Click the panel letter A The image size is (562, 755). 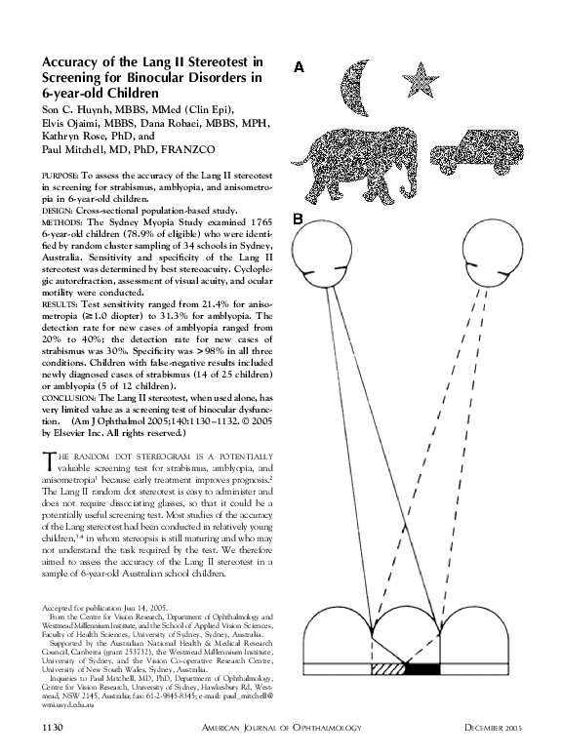tap(300, 67)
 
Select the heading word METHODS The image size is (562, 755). tap(62, 221)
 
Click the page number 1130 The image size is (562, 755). tap(53, 728)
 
